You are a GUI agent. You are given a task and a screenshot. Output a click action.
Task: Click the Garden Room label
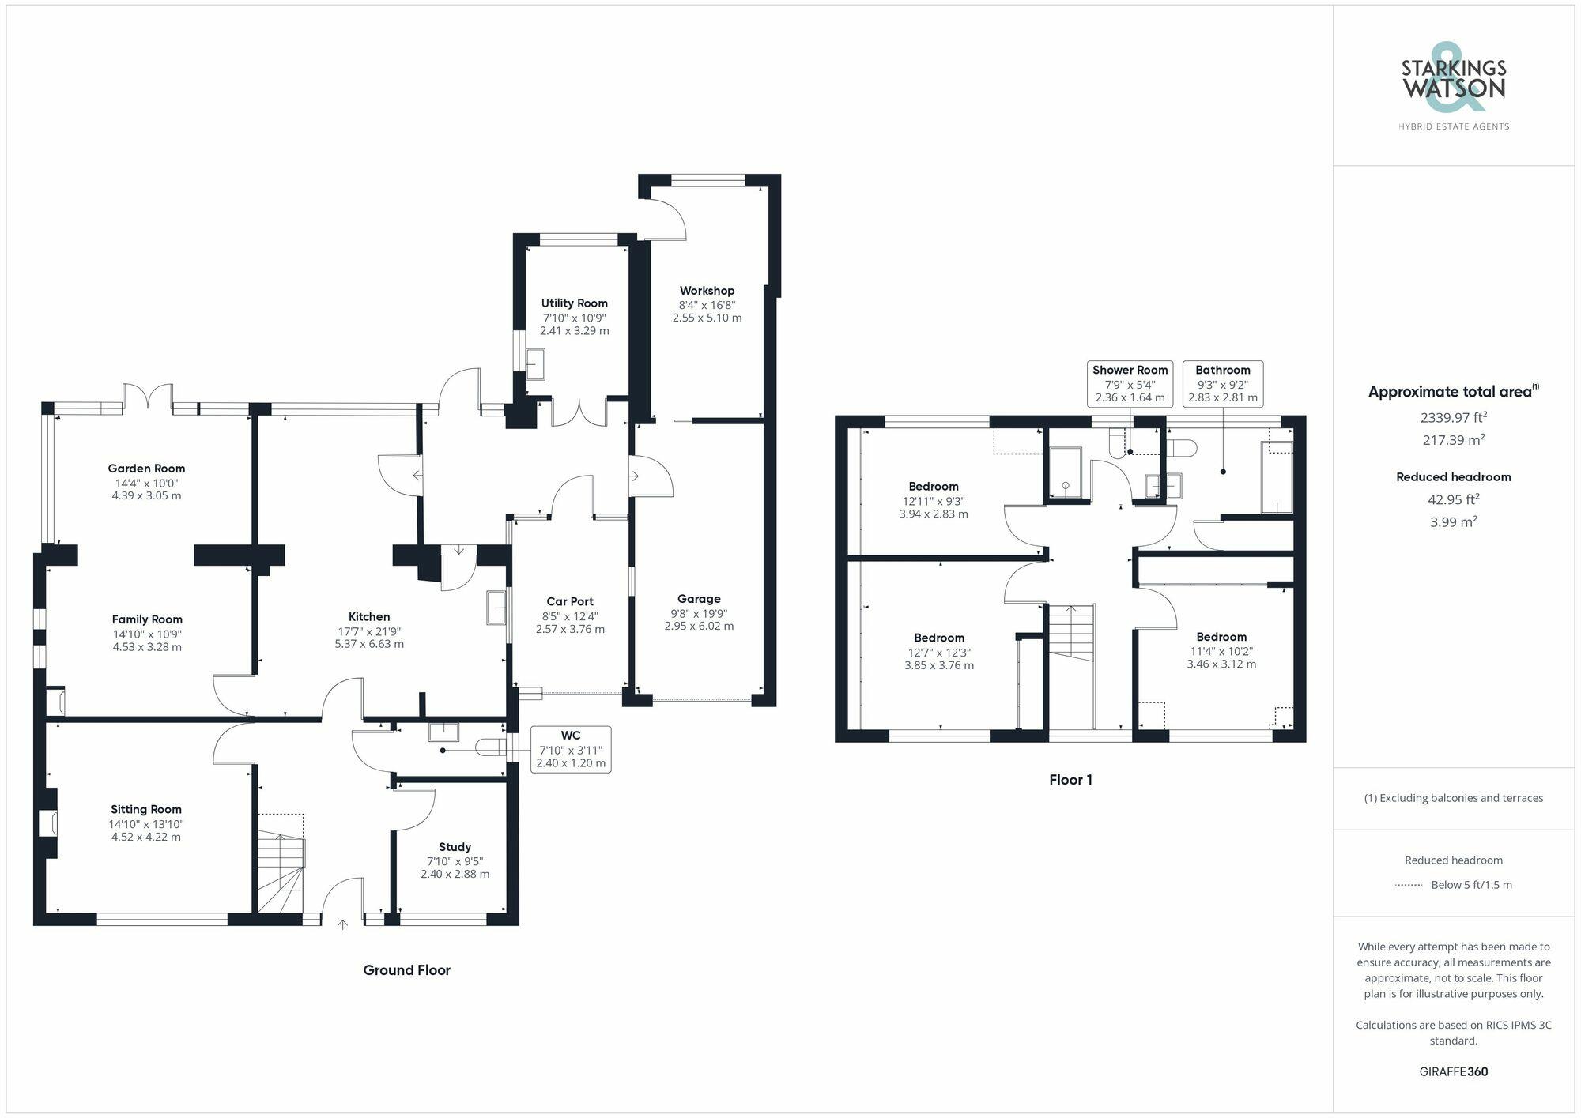[146, 469]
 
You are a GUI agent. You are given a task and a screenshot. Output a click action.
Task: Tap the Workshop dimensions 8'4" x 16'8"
[707, 305]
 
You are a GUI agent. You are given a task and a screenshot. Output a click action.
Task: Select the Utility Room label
[574, 303]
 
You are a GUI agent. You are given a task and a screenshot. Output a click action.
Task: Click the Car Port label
[570, 601]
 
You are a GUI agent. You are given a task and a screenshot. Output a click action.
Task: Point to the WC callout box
[570, 749]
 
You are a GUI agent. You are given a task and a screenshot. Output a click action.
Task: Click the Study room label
[455, 847]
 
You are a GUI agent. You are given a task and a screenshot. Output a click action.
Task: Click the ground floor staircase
[281, 865]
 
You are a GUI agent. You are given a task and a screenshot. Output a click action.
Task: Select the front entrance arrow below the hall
[343, 923]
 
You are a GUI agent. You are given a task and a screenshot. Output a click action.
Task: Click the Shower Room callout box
[1130, 383]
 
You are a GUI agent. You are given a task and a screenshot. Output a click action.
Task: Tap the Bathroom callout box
[1222, 383]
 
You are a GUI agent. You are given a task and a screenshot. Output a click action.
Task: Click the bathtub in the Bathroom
[1276, 478]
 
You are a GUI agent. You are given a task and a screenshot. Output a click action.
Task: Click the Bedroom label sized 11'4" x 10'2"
[1221, 637]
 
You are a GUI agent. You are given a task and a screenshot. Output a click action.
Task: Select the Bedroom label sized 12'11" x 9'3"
[933, 487]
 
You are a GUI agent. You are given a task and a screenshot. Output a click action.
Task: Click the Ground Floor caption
[406, 970]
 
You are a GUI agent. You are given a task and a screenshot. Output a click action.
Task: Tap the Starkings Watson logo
[1453, 87]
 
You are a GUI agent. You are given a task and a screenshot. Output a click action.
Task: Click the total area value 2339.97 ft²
[1453, 417]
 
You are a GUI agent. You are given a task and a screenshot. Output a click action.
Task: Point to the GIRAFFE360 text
[1453, 1072]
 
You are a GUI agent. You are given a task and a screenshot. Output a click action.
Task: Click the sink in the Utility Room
[535, 365]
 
